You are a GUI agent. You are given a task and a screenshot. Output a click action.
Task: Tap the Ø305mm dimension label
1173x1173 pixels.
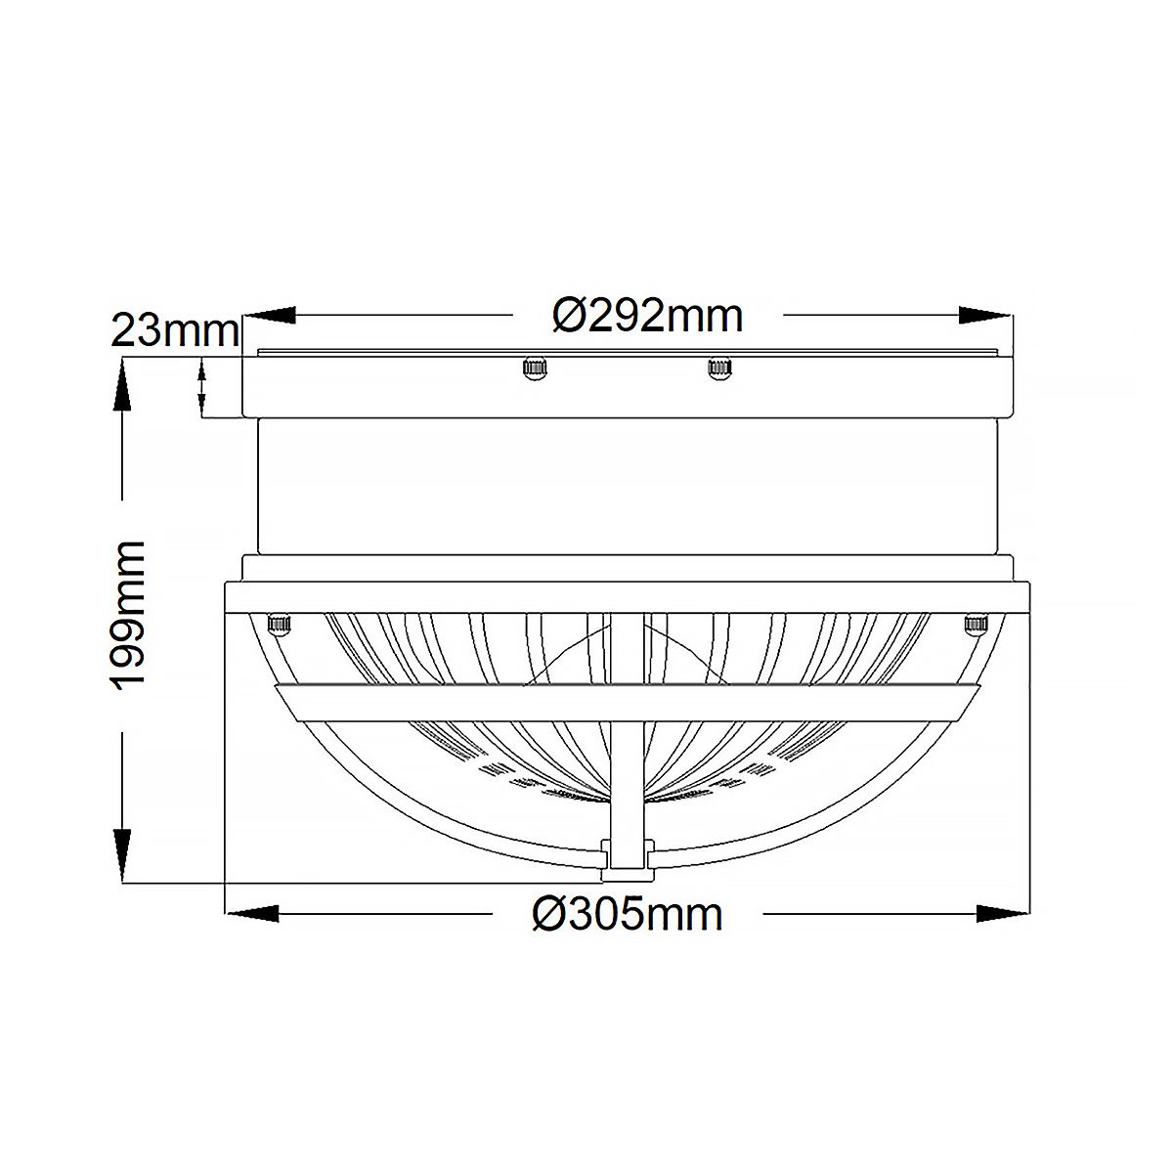click(627, 914)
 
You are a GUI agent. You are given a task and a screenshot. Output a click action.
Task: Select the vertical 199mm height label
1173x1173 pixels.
click(130, 616)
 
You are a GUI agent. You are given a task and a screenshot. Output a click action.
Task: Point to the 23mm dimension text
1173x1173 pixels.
click(175, 331)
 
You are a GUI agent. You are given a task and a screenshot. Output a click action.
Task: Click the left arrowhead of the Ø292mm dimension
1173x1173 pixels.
click(270, 316)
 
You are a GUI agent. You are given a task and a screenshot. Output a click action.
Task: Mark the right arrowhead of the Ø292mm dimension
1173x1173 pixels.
click(985, 316)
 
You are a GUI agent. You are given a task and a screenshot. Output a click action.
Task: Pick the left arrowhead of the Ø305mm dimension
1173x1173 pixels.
click(252, 914)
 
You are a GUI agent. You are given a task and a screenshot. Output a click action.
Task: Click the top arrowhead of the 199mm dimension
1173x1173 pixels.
click(122, 386)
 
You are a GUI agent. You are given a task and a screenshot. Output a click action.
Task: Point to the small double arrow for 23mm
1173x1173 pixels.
click(202, 387)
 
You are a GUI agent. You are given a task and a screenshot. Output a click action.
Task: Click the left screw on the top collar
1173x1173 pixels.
click(534, 369)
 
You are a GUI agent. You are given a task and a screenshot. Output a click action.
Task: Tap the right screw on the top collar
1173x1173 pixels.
click(719, 369)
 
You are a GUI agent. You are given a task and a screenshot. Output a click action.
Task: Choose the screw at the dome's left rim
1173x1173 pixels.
click(280, 624)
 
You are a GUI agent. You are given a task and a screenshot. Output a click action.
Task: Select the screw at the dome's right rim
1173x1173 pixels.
click(975, 624)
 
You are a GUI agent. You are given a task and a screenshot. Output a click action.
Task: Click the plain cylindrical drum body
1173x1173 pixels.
click(626, 486)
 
